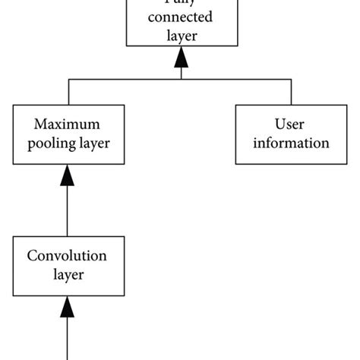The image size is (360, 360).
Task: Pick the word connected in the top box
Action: coord(180,17)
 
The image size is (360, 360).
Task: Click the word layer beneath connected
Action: coord(180,36)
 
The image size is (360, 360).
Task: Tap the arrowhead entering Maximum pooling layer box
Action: coord(68,176)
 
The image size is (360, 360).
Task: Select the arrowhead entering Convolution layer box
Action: coord(68,308)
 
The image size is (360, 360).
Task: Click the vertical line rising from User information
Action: coord(292,91)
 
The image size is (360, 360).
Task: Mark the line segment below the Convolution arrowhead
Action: coord(68,338)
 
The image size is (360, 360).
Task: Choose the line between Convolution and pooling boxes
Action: coord(68,213)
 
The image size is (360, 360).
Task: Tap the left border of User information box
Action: coord(235,133)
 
